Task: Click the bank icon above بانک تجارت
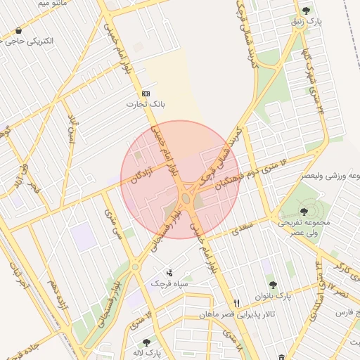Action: [x=146, y=94]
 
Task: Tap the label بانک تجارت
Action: [x=145, y=104]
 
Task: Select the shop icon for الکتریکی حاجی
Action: [x=18, y=31]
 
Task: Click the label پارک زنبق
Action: [x=307, y=22]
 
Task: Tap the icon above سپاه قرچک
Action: [x=169, y=273]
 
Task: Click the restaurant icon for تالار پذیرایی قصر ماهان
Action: [x=237, y=304]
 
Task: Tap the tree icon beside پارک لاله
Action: [x=146, y=342]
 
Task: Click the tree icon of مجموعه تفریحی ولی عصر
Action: [x=304, y=210]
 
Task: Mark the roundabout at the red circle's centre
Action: [x=186, y=199]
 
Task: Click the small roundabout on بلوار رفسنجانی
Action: [x=134, y=266]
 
